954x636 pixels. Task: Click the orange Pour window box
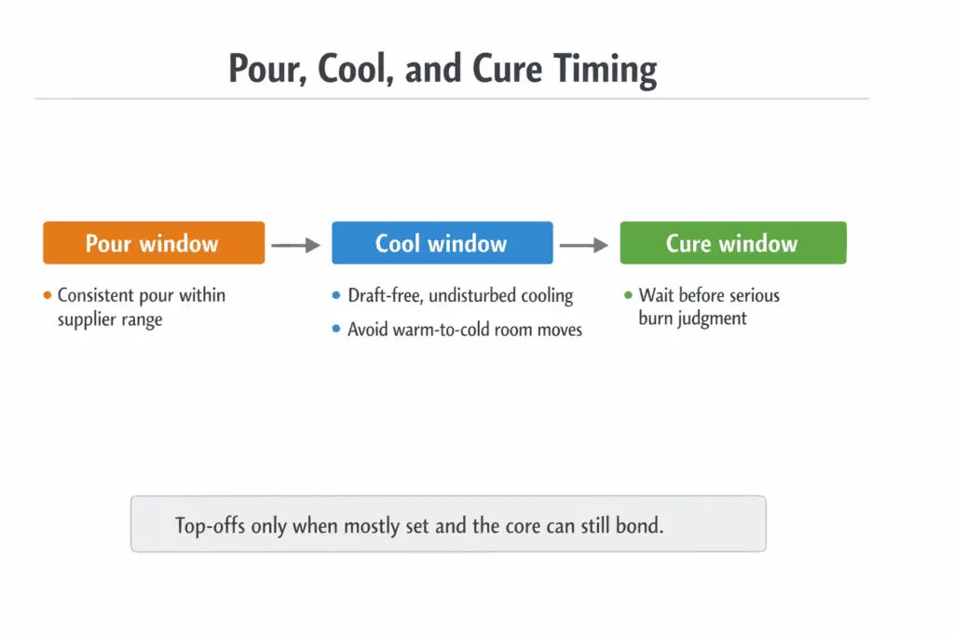[154, 243]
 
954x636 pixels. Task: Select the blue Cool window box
[442, 243]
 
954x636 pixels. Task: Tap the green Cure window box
[732, 243]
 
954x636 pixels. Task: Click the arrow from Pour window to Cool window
[296, 245]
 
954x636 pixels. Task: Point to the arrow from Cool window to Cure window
[584, 245]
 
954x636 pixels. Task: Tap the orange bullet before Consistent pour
[47, 296]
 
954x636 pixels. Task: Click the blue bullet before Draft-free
[336, 296]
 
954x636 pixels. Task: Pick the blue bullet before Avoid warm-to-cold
[336, 330]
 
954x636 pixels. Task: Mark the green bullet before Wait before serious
[628, 296]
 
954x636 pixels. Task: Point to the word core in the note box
[525, 525]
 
